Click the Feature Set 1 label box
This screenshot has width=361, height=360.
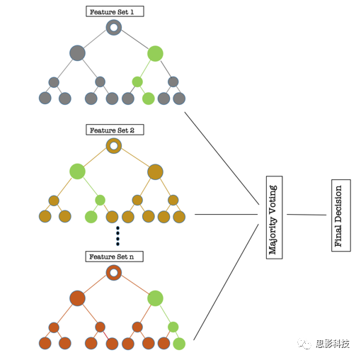tap(115, 11)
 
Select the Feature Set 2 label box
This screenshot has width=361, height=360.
tap(115, 130)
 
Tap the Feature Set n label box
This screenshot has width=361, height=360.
tap(114, 257)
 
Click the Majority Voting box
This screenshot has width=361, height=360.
tap(274, 218)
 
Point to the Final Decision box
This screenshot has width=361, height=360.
tap(341, 215)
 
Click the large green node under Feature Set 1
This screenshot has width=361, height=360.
tap(155, 54)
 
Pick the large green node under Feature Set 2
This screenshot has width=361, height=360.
tap(77, 171)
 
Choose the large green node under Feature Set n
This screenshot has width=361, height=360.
tap(155, 298)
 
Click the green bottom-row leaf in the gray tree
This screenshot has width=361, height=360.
tap(149, 99)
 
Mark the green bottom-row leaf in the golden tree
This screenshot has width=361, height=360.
tap(91, 217)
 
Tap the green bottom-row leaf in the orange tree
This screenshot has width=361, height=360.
tap(179, 344)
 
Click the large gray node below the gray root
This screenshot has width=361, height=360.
tap(77, 53)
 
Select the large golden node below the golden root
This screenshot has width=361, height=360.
tap(155, 171)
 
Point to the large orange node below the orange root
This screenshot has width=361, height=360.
tap(77, 298)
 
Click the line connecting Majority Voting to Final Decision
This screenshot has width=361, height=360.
tap(306, 215)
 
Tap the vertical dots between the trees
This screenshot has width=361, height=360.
tap(118, 236)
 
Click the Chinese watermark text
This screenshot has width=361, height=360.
tap(333, 344)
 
